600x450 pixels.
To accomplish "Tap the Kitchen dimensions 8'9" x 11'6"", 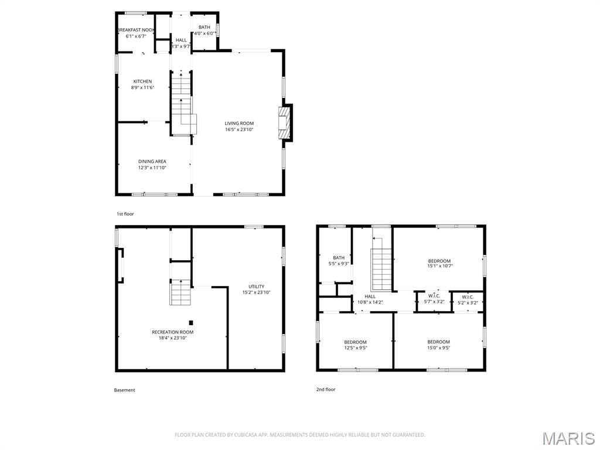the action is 142,88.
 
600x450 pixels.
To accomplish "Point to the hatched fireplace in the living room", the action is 284,123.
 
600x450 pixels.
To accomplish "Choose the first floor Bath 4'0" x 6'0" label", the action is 204,30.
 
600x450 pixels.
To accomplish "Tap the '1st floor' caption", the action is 125,214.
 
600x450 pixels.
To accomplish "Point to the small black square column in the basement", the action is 191,323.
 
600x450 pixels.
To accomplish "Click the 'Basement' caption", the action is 124,390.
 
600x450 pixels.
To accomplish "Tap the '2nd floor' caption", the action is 326,389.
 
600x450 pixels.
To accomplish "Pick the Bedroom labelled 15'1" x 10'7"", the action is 439,263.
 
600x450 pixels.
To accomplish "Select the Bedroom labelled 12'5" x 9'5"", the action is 356,345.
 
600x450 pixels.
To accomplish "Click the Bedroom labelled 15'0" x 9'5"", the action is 438,345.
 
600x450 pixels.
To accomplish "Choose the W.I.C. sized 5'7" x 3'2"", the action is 434,298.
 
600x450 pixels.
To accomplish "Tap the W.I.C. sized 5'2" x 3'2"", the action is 468,299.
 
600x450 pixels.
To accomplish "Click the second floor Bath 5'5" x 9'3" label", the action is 339,261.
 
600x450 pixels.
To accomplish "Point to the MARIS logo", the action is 568,438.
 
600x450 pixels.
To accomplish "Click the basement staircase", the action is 180,292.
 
